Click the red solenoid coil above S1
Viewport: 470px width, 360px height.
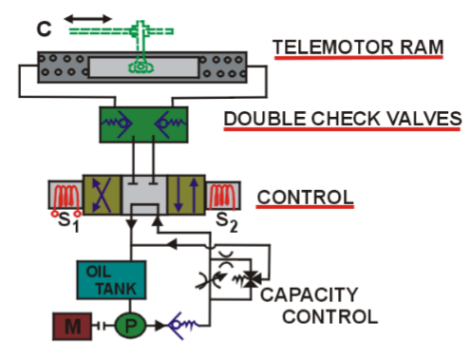tap(66, 195)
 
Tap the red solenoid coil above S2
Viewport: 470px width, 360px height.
tap(224, 195)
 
